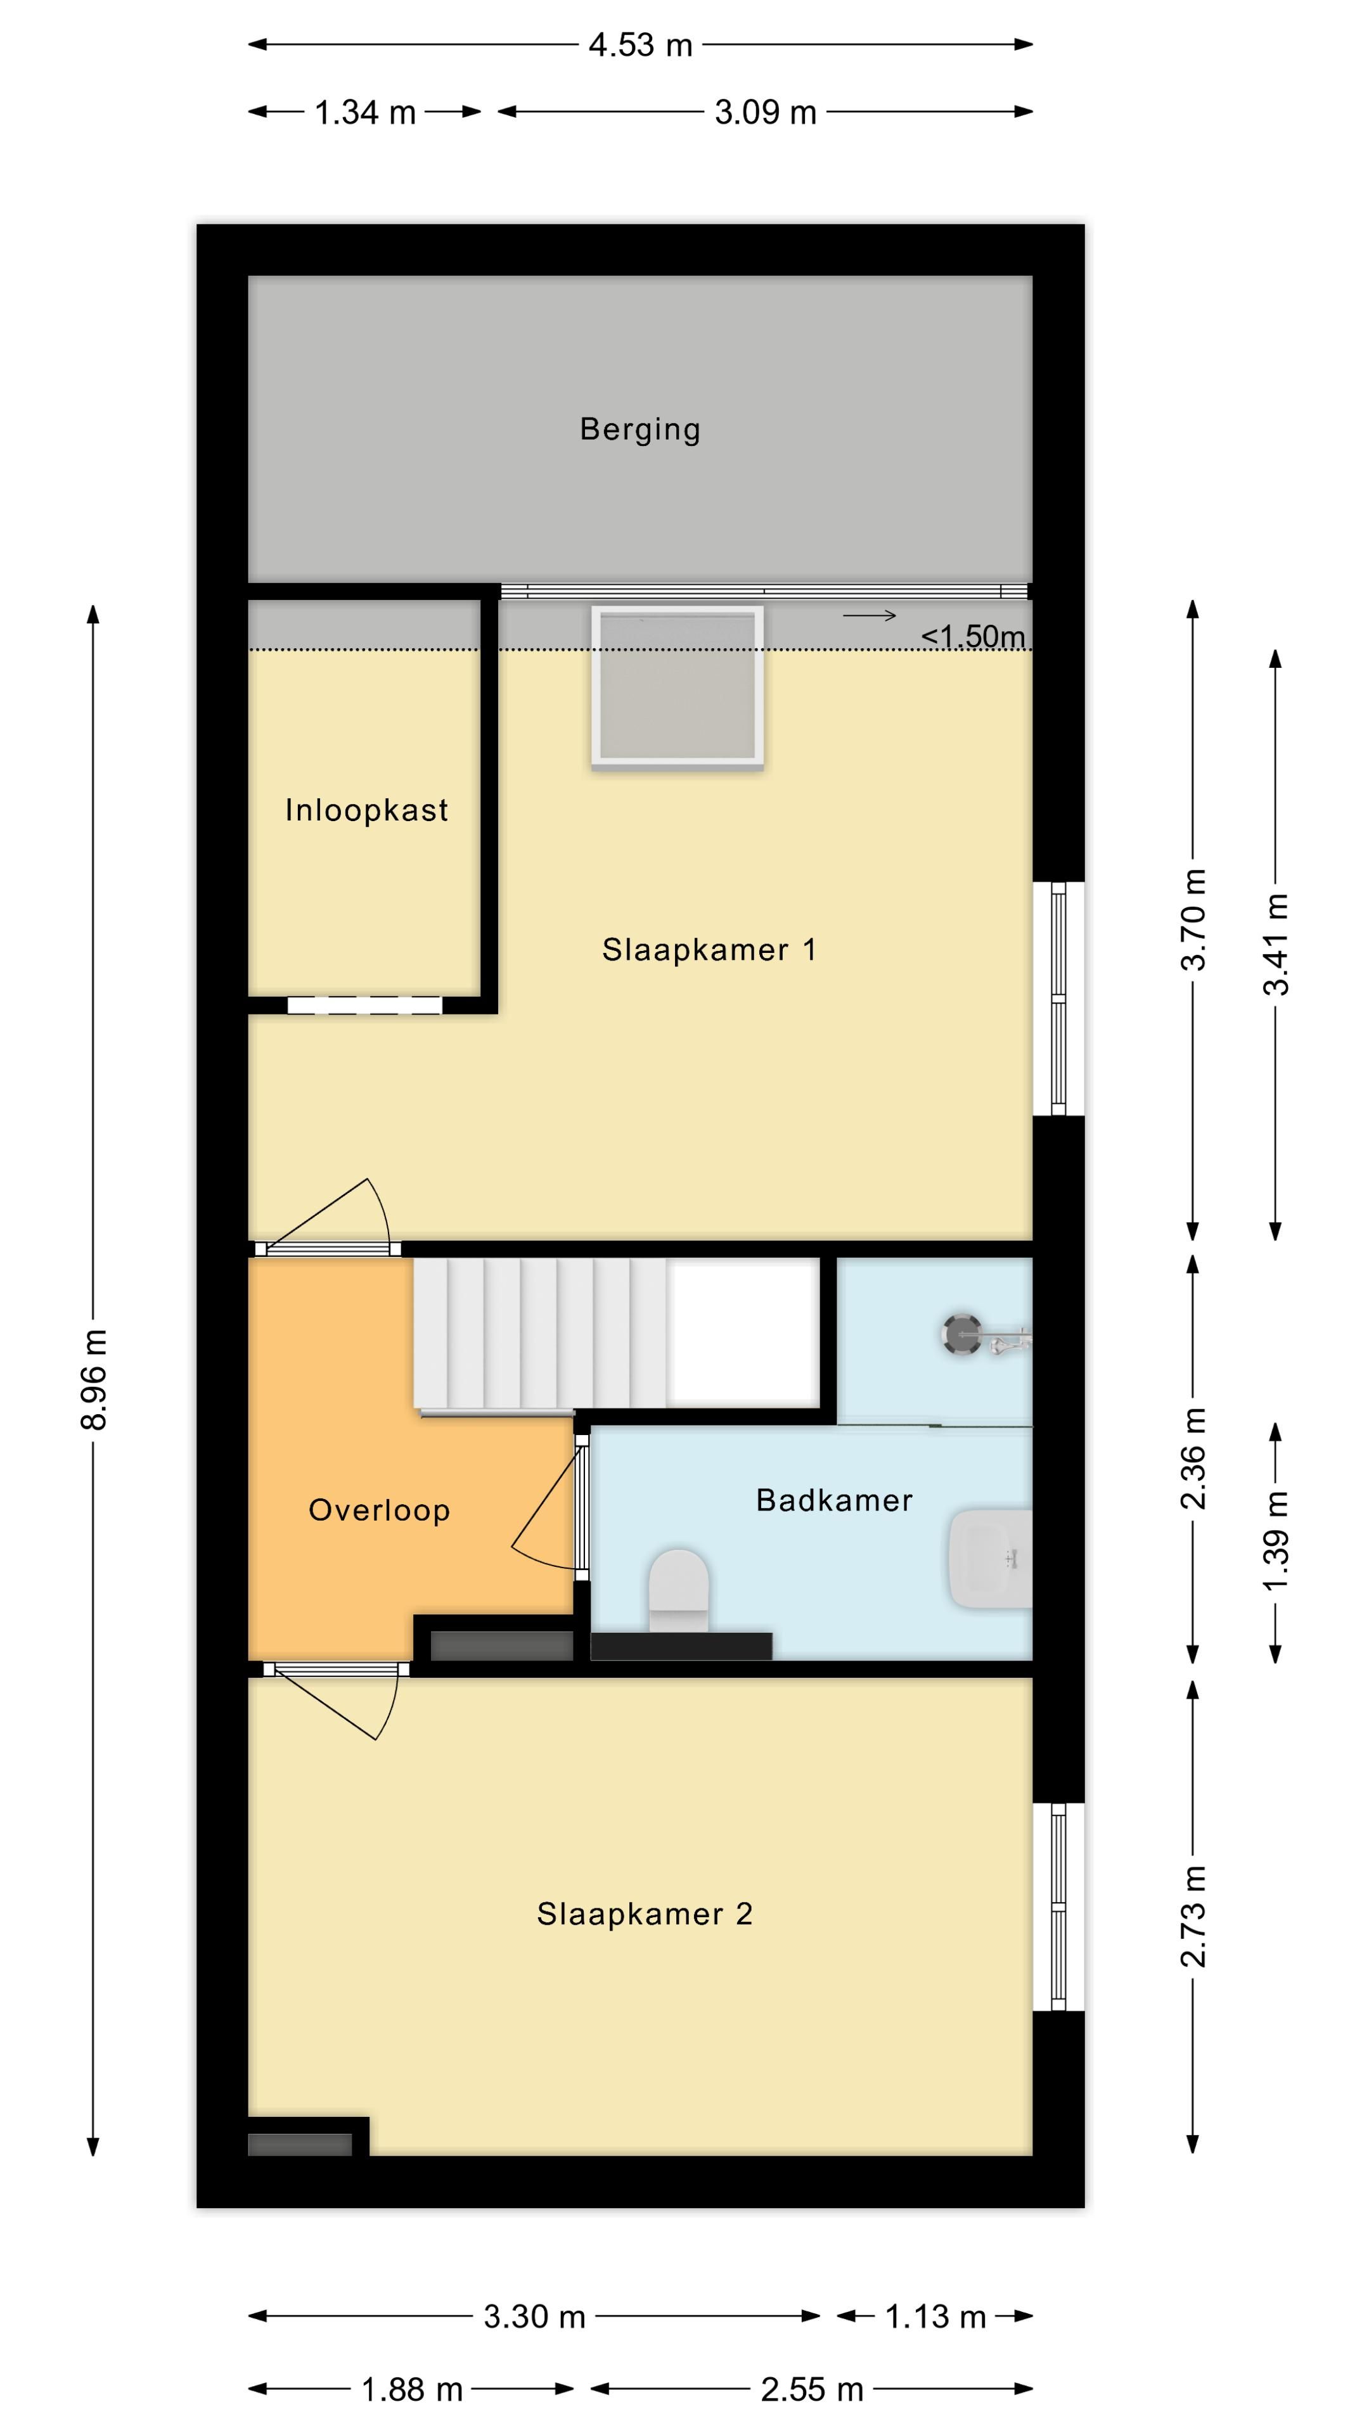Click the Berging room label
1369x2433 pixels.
click(640, 429)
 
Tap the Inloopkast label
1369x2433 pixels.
click(366, 810)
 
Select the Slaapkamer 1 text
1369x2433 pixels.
click(709, 949)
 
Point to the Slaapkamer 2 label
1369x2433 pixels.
click(645, 1913)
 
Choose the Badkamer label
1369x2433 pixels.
click(834, 1500)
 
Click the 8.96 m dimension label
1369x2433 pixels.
click(94, 1379)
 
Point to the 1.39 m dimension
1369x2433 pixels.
click(1275, 1540)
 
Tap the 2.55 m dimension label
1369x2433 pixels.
click(811, 2389)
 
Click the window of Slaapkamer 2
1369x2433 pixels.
click(1058, 1907)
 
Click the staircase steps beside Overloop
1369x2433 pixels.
click(539, 1332)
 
